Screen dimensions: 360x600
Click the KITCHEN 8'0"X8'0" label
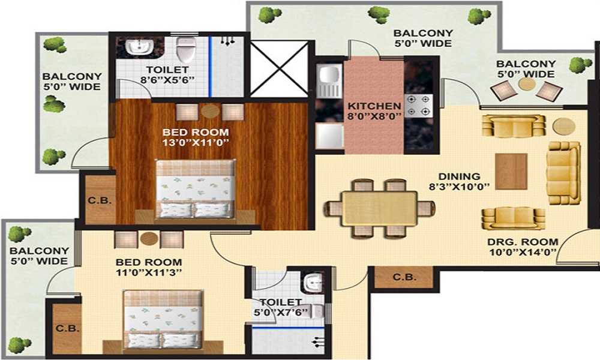374,112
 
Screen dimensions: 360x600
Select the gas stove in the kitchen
418,106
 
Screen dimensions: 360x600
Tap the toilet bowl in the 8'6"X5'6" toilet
186,50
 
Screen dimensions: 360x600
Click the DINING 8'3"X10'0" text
459,181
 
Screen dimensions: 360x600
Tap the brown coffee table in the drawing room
511,171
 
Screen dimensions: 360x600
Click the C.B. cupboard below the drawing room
403,277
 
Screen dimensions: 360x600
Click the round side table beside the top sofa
562,127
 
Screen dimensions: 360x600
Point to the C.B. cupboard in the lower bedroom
65,328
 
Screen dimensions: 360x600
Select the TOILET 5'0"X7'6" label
281,307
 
